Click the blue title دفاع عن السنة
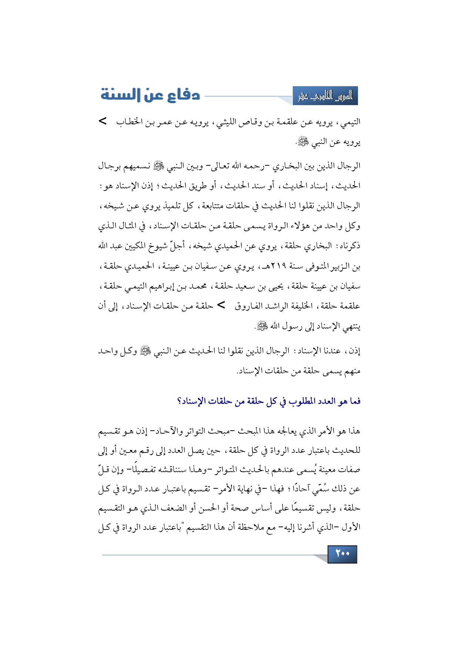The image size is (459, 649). (x=150, y=95)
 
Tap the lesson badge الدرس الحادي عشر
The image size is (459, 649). (x=325, y=96)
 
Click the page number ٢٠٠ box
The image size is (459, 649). (x=342, y=554)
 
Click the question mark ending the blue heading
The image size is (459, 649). (x=179, y=401)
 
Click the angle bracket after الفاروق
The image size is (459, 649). (x=221, y=305)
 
